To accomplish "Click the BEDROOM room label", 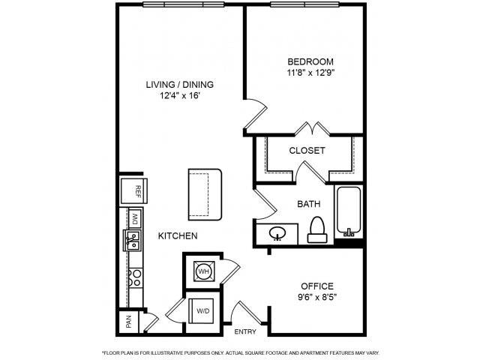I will click(x=310, y=61).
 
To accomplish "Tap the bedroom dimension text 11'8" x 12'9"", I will click(x=310, y=73).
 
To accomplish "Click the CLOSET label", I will click(x=307, y=150).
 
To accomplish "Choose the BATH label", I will click(x=309, y=203).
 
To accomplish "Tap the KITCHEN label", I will click(x=178, y=235).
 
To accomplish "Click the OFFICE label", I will click(x=317, y=286).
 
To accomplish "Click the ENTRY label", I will click(x=245, y=331).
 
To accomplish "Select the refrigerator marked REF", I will click(x=134, y=191).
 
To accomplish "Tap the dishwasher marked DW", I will click(x=135, y=218).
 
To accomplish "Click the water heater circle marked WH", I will click(x=202, y=269).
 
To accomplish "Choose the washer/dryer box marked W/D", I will click(x=202, y=310).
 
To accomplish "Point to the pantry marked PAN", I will click(x=129, y=322).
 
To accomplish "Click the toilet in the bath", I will click(x=316, y=229).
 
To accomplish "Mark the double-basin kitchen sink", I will click(x=133, y=241).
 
